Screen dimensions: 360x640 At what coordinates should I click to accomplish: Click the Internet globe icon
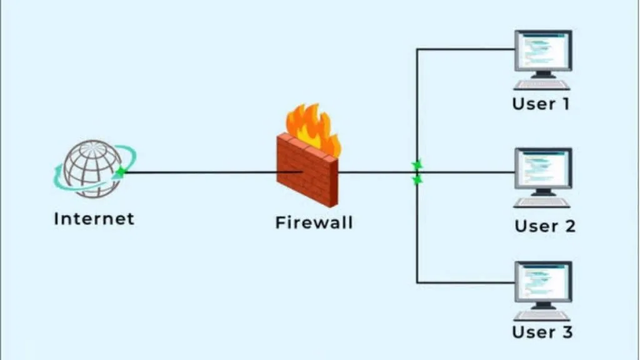(x=92, y=167)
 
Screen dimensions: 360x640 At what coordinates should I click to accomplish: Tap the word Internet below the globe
(x=94, y=219)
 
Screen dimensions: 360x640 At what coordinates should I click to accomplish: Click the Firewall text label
(x=314, y=222)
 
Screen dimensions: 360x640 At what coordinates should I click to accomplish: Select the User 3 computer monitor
(x=542, y=282)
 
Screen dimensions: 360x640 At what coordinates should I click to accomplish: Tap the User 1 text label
(x=541, y=103)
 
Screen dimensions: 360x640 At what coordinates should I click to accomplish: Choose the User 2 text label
(x=544, y=226)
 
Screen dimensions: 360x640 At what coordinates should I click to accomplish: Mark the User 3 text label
(x=542, y=332)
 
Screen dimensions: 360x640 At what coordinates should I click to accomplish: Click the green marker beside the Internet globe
(x=120, y=172)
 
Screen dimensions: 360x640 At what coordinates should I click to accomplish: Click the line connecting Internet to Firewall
(x=200, y=172)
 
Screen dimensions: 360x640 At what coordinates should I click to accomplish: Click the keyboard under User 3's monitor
(x=542, y=316)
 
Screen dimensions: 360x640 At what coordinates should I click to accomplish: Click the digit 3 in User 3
(x=566, y=332)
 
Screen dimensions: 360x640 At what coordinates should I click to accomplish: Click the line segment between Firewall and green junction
(x=375, y=172)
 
